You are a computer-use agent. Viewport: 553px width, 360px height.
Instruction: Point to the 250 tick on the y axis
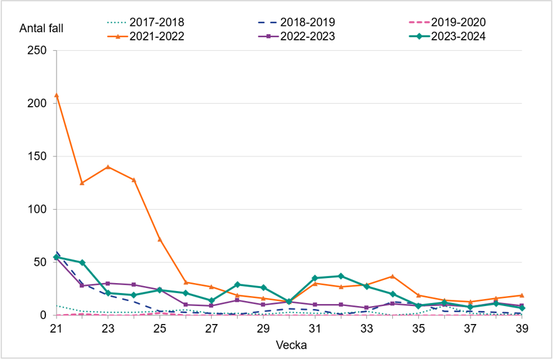[38, 50]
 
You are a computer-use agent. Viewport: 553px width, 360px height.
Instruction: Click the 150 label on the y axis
[38, 156]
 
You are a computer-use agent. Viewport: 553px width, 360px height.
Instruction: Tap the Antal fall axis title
[42, 28]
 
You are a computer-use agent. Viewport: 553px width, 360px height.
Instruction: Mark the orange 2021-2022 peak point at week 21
[56, 95]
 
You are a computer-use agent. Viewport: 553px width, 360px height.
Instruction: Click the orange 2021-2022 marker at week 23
[108, 167]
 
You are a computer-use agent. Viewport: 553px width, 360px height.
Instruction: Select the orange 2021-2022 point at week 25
[160, 239]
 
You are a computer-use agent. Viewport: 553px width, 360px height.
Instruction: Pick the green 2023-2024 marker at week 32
[341, 276]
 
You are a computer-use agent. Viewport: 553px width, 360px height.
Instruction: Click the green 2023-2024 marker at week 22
[82, 263]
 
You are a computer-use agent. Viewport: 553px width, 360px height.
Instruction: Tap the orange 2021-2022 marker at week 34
[392, 276]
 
